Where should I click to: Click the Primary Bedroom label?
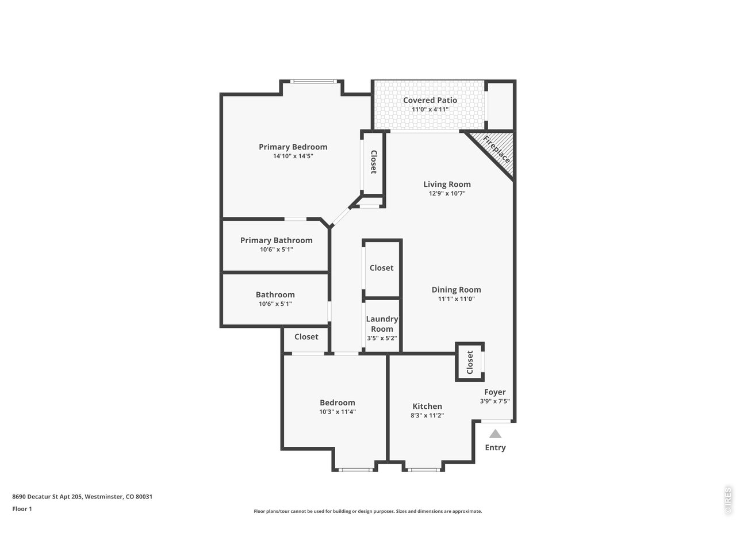[x=293, y=147]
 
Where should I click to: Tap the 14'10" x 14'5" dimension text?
[x=293, y=156]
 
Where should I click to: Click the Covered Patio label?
[x=430, y=100]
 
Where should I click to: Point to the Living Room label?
[x=447, y=184]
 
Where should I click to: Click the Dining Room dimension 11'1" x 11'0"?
[x=456, y=299]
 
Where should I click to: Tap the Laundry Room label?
[x=382, y=324]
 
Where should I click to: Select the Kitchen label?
[x=427, y=406]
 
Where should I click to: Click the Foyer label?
[x=494, y=392]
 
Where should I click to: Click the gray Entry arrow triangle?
[x=495, y=434]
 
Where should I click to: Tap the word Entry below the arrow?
[x=495, y=447]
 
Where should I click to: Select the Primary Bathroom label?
[x=276, y=240]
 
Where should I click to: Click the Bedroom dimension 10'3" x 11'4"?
[x=338, y=412]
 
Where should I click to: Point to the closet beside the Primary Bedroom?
[x=373, y=162]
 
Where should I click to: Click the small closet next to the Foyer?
[x=470, y=362]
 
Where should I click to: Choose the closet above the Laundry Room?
[x=382, y=268]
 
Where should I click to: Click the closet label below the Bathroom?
[x=306, y=337]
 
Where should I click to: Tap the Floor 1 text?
[x=22, y=508]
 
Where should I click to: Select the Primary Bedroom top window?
[x=312, y=82]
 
